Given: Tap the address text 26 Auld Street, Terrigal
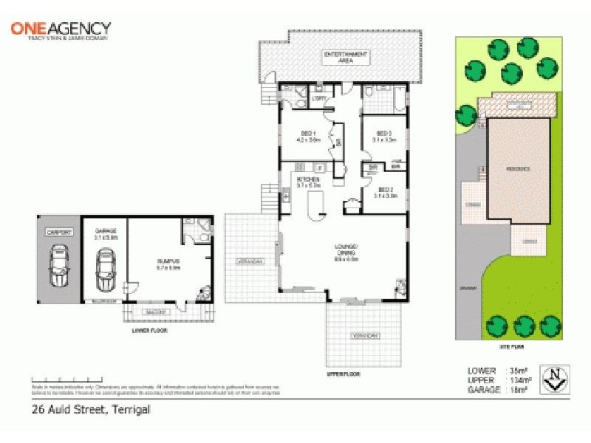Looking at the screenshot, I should pyautogui.click(x=91, y=410).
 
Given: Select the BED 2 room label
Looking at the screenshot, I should pyautogui.click(x=382, y=193).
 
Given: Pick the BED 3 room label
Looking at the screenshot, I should pyautogui.click(x=382, y=136).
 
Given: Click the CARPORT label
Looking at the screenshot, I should pyautogui.click(x=58, y=233).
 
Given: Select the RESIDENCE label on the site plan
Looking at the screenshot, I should pyautogui.click(x=517, y=169).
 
